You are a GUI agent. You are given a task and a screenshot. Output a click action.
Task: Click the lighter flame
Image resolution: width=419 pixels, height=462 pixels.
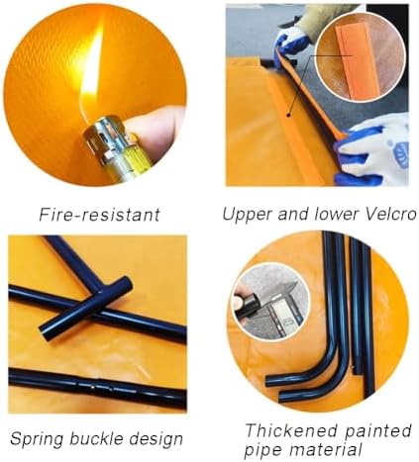pyautogui.click(x=91, y=69)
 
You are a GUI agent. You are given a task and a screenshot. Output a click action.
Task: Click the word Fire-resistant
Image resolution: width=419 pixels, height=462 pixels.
pyautogui.click(x=99, y=214)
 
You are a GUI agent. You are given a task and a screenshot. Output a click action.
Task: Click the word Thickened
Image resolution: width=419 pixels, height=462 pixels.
pyautogui.click(x=281, y=430)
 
